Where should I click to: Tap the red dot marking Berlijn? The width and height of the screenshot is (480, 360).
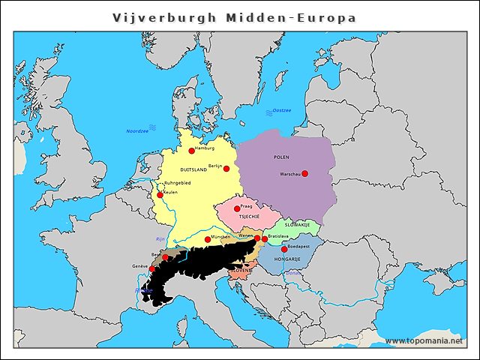coord(226,169)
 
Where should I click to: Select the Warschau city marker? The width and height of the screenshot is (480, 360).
coord(304,174)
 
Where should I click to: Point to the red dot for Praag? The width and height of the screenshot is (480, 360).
coord(237,208)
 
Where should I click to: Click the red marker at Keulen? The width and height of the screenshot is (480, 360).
coord(160,195)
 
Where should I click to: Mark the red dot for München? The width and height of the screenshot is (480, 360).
coord(208,240)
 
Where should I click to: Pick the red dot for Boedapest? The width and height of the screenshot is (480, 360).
coord(284,250)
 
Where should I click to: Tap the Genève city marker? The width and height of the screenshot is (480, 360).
coord(151,269)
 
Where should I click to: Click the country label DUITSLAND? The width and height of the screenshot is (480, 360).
coord(193,169)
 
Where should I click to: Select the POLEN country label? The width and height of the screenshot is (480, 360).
coord(281,157)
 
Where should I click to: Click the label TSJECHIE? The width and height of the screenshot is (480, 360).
coord(249,216)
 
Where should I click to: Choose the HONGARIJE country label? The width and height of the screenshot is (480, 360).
coord(287,259)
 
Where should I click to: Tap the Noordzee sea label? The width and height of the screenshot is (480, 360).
coord(137,130)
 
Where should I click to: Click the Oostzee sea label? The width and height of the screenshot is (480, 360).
coord(281,110)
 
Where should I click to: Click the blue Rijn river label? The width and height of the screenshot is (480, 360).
coord(160,238)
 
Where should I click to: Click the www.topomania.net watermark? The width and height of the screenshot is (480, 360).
coord(424,340)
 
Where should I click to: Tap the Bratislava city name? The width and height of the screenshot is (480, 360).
coord(278,236)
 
